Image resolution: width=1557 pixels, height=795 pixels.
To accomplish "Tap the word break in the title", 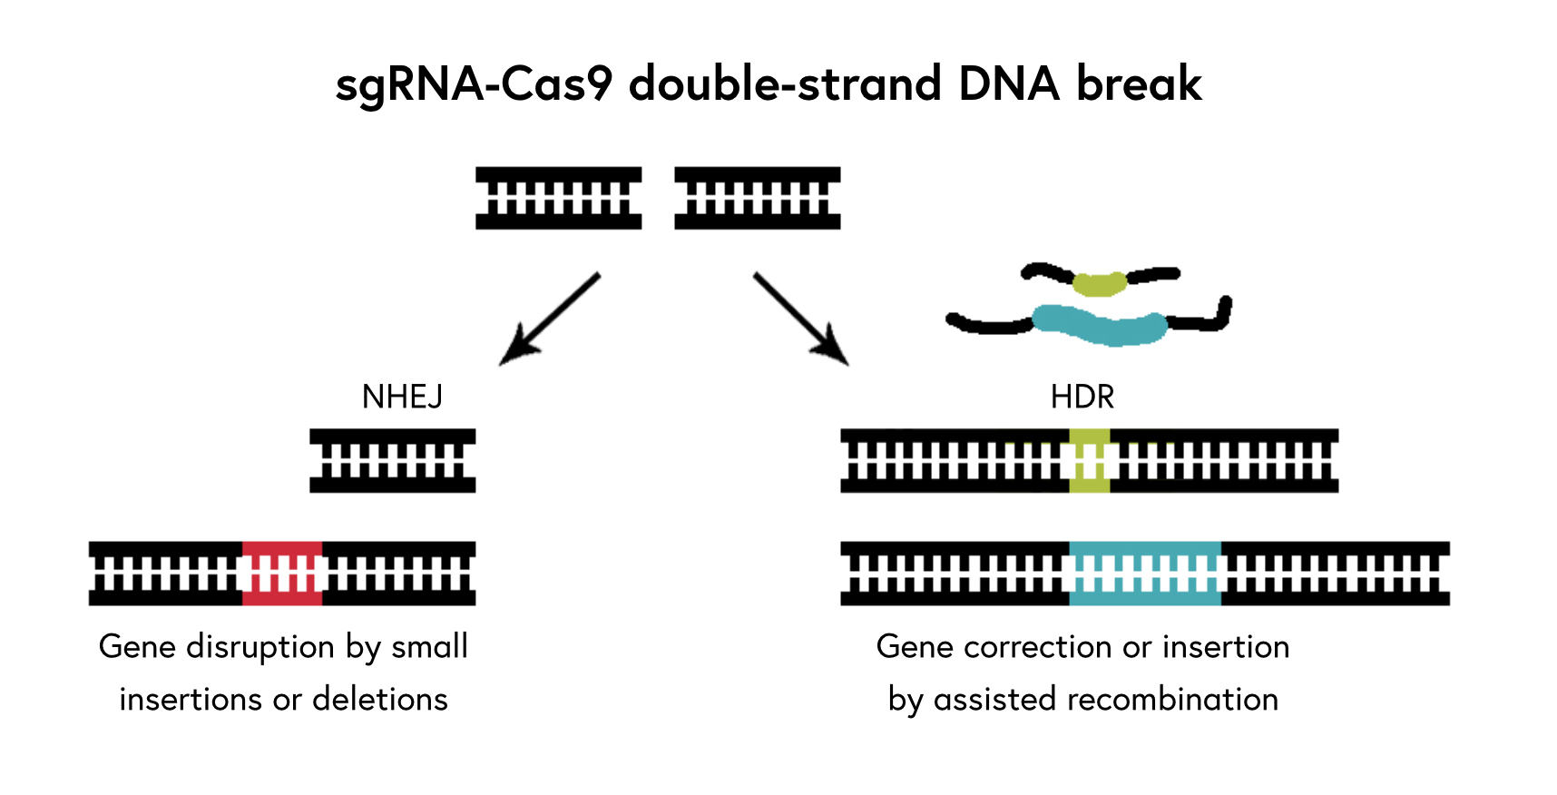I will pyautogui.click(x=1139, y=84).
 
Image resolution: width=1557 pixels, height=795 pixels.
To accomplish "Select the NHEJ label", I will pyautogui.click(x=402, y=397).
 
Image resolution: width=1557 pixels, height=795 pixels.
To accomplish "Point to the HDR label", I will pyautogui.click(x=1082, y=397).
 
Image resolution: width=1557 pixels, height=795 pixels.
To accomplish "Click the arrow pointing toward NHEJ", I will pyautogui.click(x=550, y=319).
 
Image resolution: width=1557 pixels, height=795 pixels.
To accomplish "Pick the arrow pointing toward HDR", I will pyautogui.click(x=800, y=319).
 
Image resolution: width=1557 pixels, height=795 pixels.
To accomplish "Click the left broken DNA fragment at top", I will pyautogui.click(x=558, y=198).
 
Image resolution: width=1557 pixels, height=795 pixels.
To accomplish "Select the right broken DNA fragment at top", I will pyautogui.click(x=757, y=198).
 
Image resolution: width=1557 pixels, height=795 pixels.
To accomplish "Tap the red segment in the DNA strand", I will pyautogui.click(x=282, y=574).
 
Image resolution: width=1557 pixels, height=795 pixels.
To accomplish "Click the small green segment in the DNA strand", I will pyautogui.click(x=1089, y=461).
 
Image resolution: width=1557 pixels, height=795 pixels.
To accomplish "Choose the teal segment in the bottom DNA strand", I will pyautogui.click(x=1145, y=574).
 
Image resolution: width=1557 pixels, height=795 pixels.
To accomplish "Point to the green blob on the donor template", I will pyautogui.click(x=1099, y=284).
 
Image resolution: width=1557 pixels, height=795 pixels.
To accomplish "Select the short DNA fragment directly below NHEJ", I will pyautogui.click(x=392, y=461).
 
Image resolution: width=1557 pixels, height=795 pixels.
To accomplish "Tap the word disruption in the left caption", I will pyautogui.click(x=260, y=647).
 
